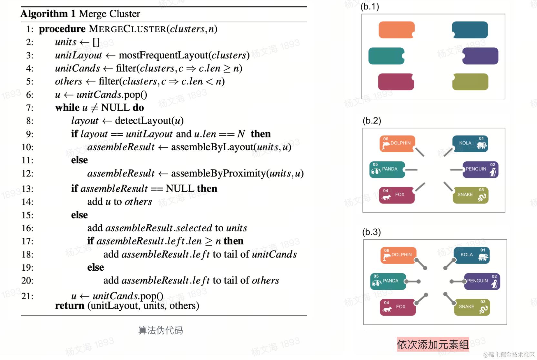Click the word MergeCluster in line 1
[127, 29]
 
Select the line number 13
[27, 189]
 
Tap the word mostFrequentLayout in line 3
[163, 55]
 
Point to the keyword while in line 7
[67, 108]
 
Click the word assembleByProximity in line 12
[218, 174]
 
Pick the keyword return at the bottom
[69, 305]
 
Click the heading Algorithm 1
[48, 14]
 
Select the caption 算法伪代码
[160, 330]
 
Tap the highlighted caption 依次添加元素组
[432, 345]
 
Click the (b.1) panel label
[370, 6]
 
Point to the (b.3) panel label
[371, 232]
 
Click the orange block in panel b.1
[396, 30]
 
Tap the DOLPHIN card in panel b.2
[397, 144]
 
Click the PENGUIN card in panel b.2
[480, 170]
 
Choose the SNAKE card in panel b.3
[472, 307]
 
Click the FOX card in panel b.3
[397, 307]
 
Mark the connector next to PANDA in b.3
[412, 282]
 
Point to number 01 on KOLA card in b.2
[481, 139]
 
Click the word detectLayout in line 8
[143, 121]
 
